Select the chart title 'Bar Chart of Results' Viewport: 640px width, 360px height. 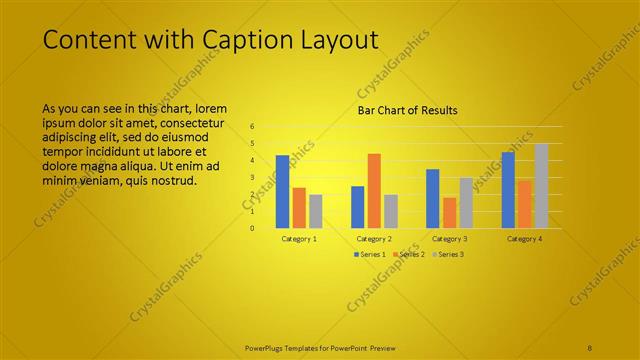coord(407,110)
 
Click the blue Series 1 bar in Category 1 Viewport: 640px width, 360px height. coord(282,191)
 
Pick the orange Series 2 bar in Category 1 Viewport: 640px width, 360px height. coord(299,207)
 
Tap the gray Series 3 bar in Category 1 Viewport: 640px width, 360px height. coord(315,211)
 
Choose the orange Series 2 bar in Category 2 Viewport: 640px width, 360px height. coord(374,190)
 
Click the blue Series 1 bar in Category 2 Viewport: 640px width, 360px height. coord(357,206)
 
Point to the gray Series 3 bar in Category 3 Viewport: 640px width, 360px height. coord(466,202)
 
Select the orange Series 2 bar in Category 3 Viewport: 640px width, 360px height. coord(449,212)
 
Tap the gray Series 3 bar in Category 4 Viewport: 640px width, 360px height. coord(541,185)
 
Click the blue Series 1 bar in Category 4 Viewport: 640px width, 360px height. coord(508,189)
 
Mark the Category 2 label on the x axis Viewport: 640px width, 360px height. coord(374,239)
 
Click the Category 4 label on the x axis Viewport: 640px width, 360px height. coord(524,239)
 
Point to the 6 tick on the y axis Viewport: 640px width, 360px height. coord(252,127)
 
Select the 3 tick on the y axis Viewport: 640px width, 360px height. coord(252,177)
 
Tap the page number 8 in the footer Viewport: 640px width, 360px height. coord(590,346)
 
